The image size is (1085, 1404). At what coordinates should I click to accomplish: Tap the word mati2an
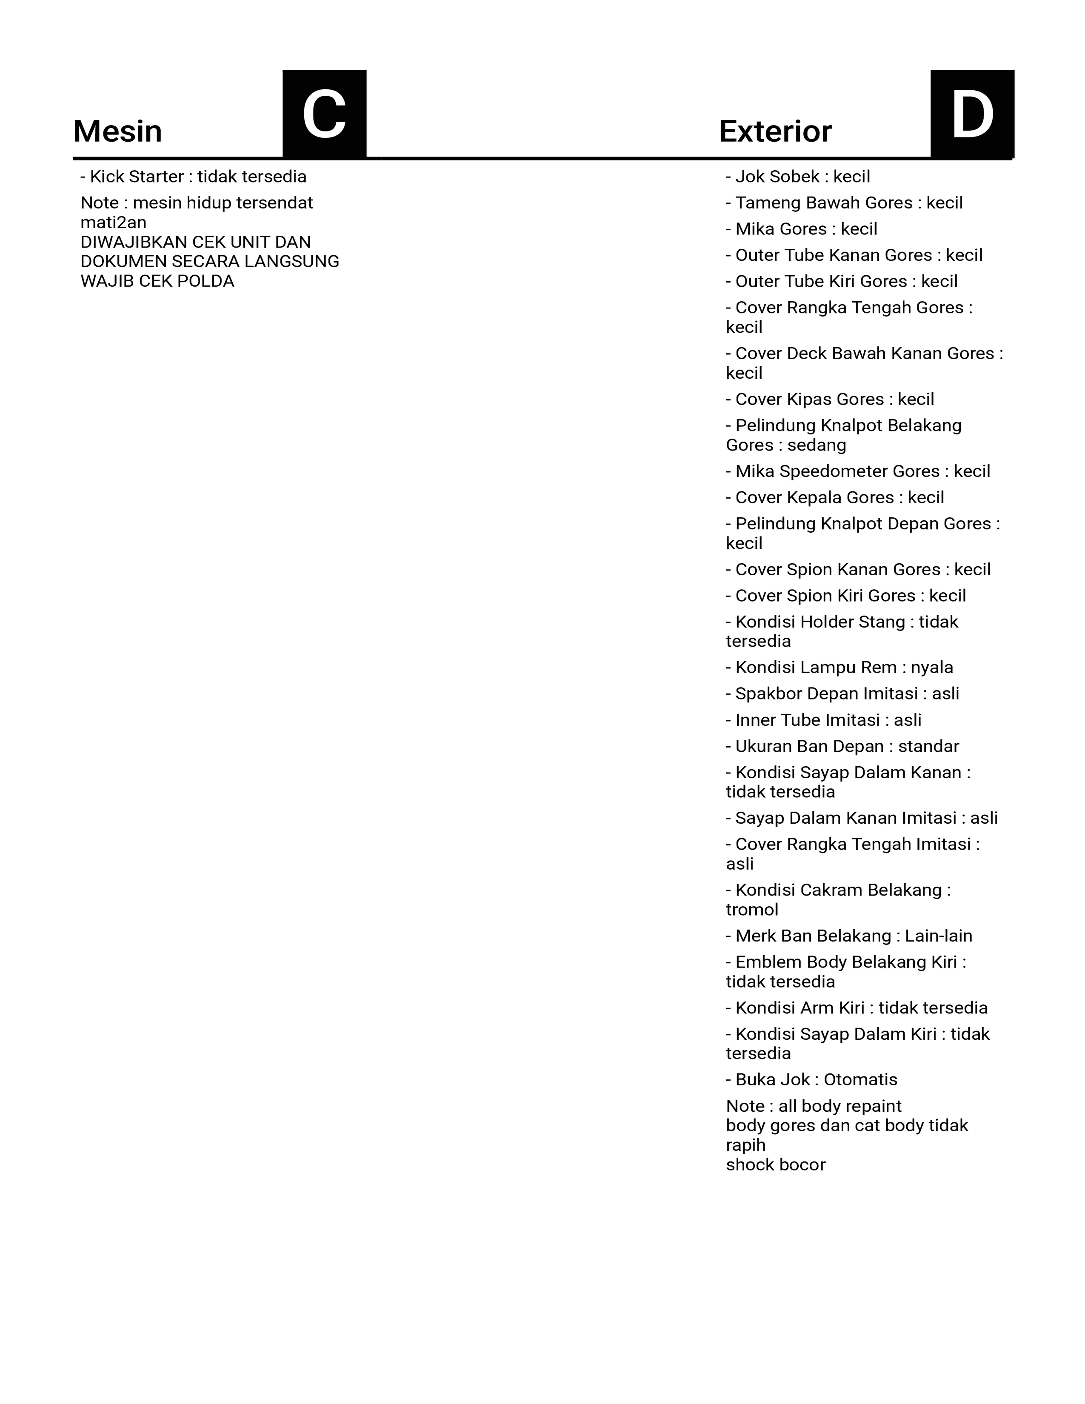[x=113, y=223]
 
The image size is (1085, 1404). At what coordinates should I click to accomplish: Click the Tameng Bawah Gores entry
[x=844, y=203]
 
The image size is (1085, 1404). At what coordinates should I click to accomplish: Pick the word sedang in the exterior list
[x=817, y=445]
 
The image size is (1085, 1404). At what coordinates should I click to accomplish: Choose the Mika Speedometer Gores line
[x=857, y=471]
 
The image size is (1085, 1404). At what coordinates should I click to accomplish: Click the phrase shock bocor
[x=775, y=1165]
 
